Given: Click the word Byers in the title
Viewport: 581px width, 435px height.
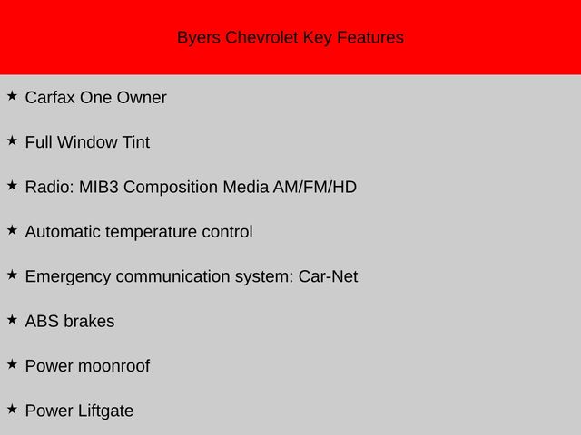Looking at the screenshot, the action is coord(199,38).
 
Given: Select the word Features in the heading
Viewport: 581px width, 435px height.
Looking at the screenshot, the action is coord(370,37).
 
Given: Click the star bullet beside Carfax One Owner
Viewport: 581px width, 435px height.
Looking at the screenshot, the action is coord(12,96).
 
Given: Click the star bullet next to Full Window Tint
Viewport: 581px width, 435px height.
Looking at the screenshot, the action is coord(12,140).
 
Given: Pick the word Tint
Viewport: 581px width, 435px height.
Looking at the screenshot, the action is coord(136,142).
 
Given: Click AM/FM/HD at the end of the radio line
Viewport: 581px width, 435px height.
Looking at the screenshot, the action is coord(315,188).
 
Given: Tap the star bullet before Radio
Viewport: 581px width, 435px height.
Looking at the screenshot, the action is coord(12,185).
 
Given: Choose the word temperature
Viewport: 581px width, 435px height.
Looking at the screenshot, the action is coord(151,232).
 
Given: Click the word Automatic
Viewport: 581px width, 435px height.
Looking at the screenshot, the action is coord(63,232).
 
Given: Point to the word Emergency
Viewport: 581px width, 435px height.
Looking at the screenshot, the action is coord(68,277).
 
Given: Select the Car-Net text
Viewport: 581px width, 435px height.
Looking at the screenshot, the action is coord(328,276).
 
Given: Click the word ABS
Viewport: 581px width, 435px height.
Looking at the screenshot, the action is coord(42,322).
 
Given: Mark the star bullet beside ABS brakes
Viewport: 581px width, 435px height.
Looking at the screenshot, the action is coord(12,320).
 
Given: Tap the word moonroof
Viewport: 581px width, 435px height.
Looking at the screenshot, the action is coord(113,366).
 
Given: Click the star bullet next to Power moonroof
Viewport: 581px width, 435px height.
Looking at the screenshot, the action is coord(12,364).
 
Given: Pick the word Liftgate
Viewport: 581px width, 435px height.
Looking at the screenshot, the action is coord(105,411).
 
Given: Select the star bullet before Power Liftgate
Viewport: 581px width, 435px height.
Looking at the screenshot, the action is coord(12,409).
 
